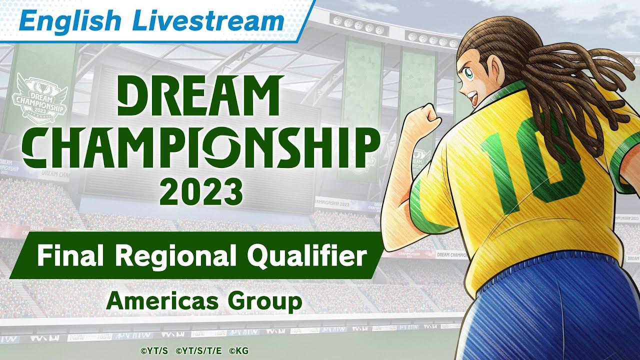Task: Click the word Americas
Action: pos(153,301)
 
